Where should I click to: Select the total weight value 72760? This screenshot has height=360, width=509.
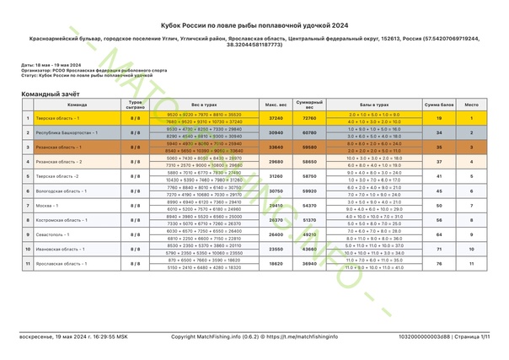pos(309,119)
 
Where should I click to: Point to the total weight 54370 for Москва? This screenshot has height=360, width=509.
pos(309,205)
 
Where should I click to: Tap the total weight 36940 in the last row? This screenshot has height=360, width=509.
pos(309,265)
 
